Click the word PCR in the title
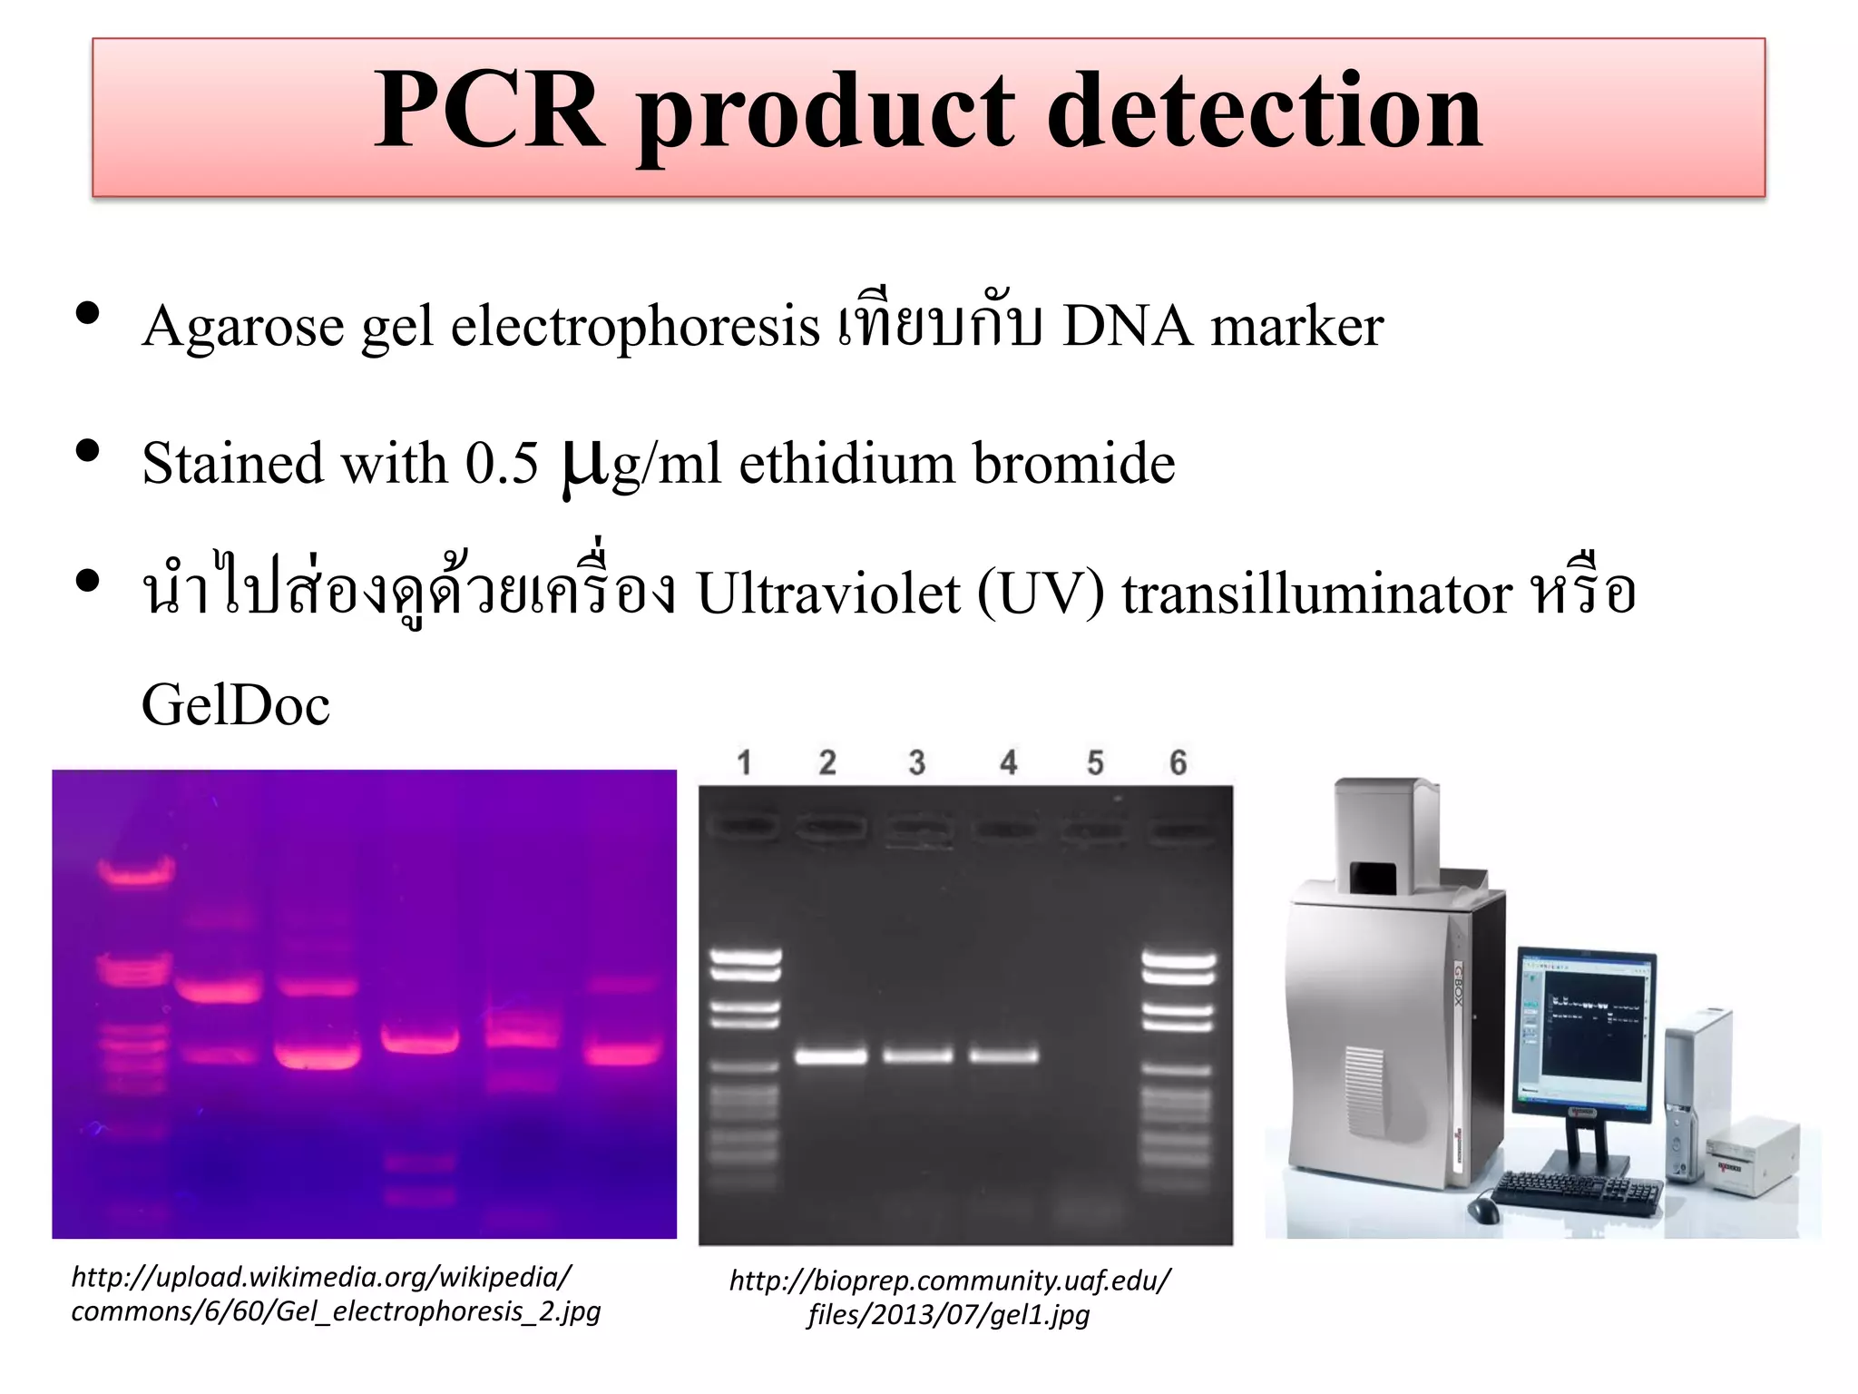pyautogui.click(x=489, y=112)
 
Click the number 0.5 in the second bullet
pyautogui.click(x=502, y=463)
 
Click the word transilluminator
pyautogui.click(x=1316, y=594)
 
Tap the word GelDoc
pyautogui.click(x=236, y=705)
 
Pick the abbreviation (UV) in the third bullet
pyautogui.click(x=1041, y=594)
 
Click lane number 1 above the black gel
pyautogui.click(x=745, y=762)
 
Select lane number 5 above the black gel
pyautogui.click(x=1095, y=762)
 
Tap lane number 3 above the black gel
pyautogui.click(x=917, y=762)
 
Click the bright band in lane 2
pyautogui.click(x=831, y=1055)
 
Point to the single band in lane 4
pyautogui.click(x=1003, y=1055)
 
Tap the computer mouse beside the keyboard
pyautogui.click(x=1481, y=1208)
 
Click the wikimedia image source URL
pyautogui.click(x=336, y=1294)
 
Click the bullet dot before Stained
pyautogui.click(x=88, y=451)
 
